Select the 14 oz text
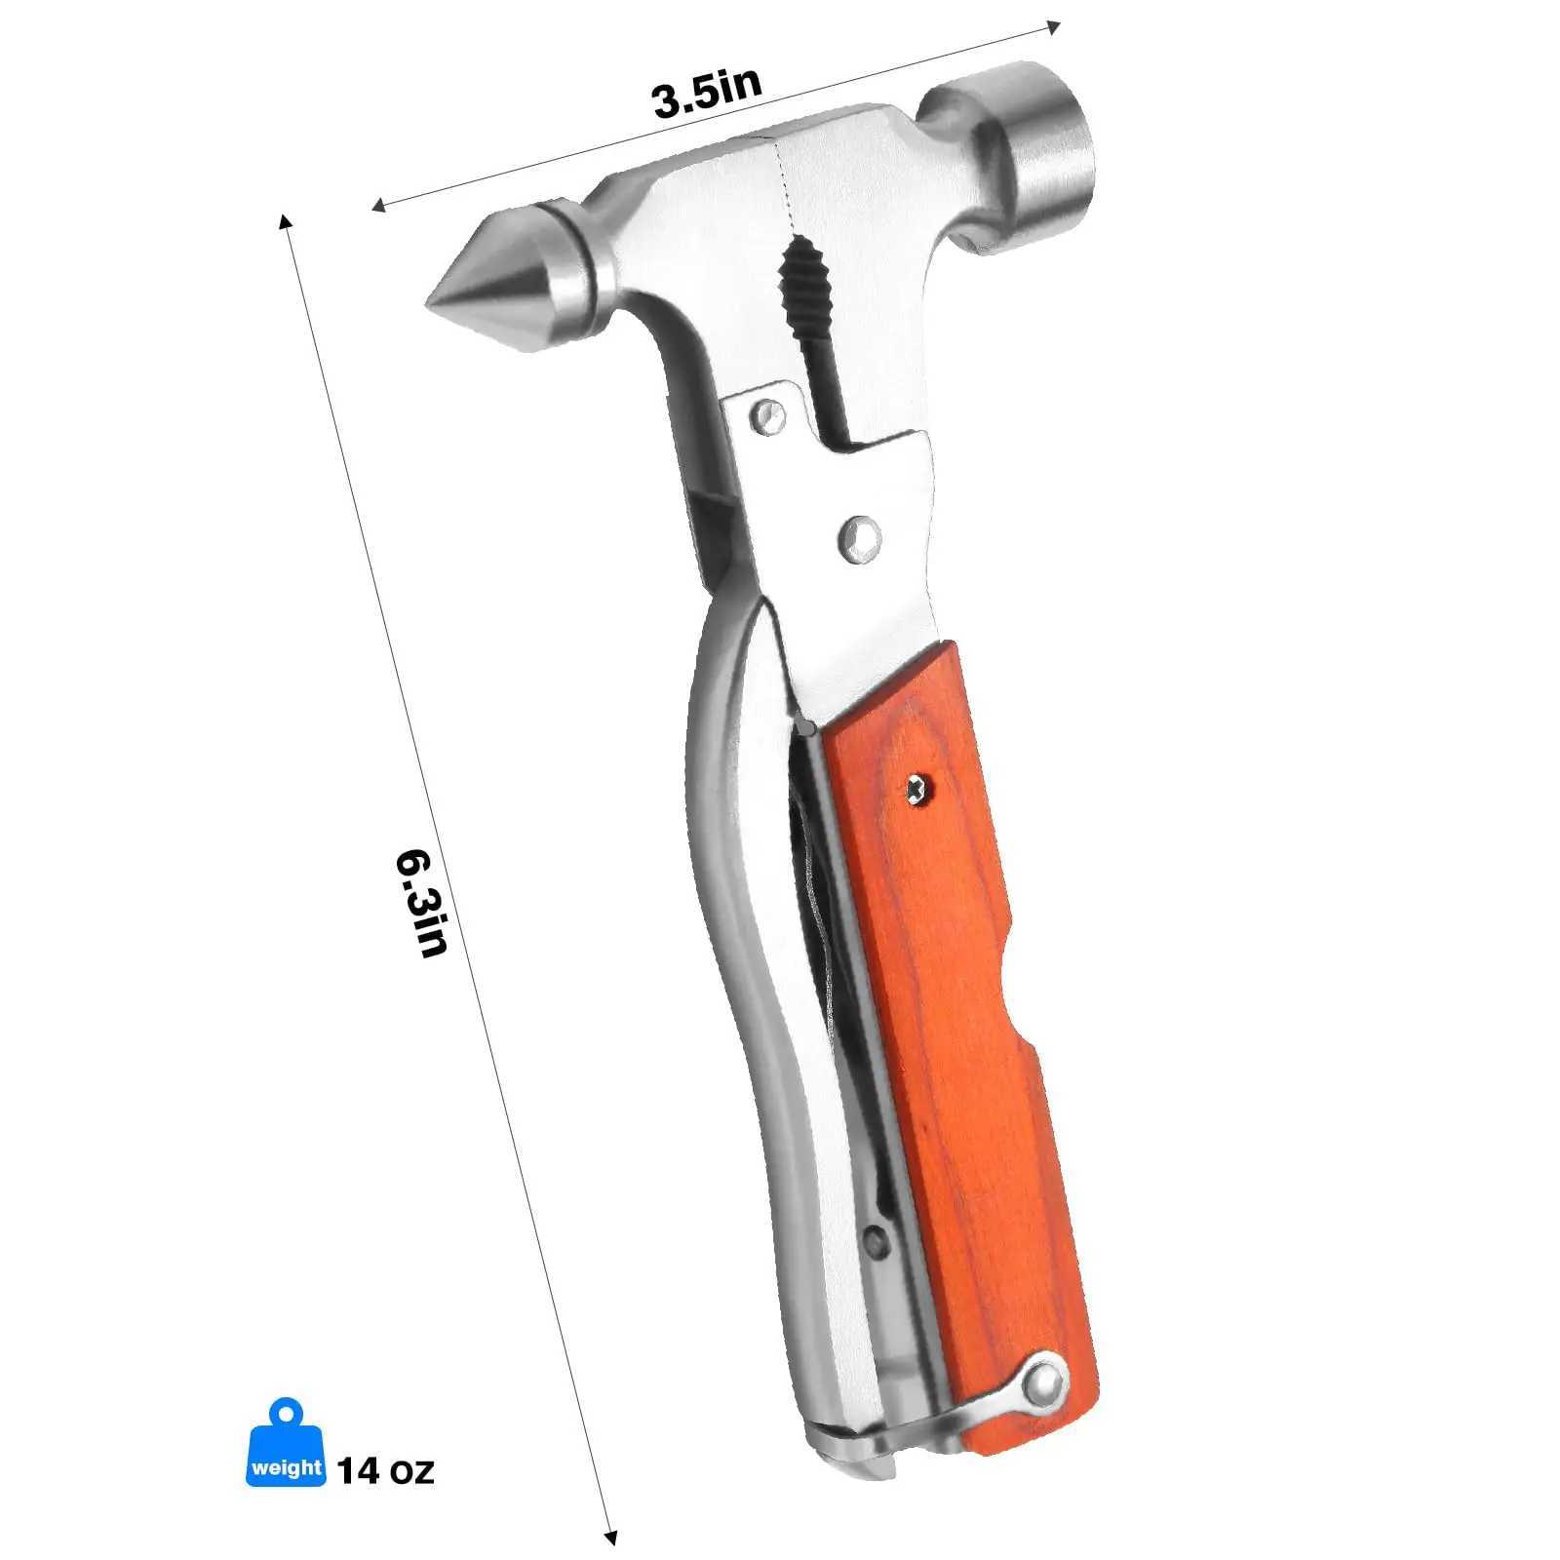point(385,1469)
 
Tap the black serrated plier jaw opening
point(801,292)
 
